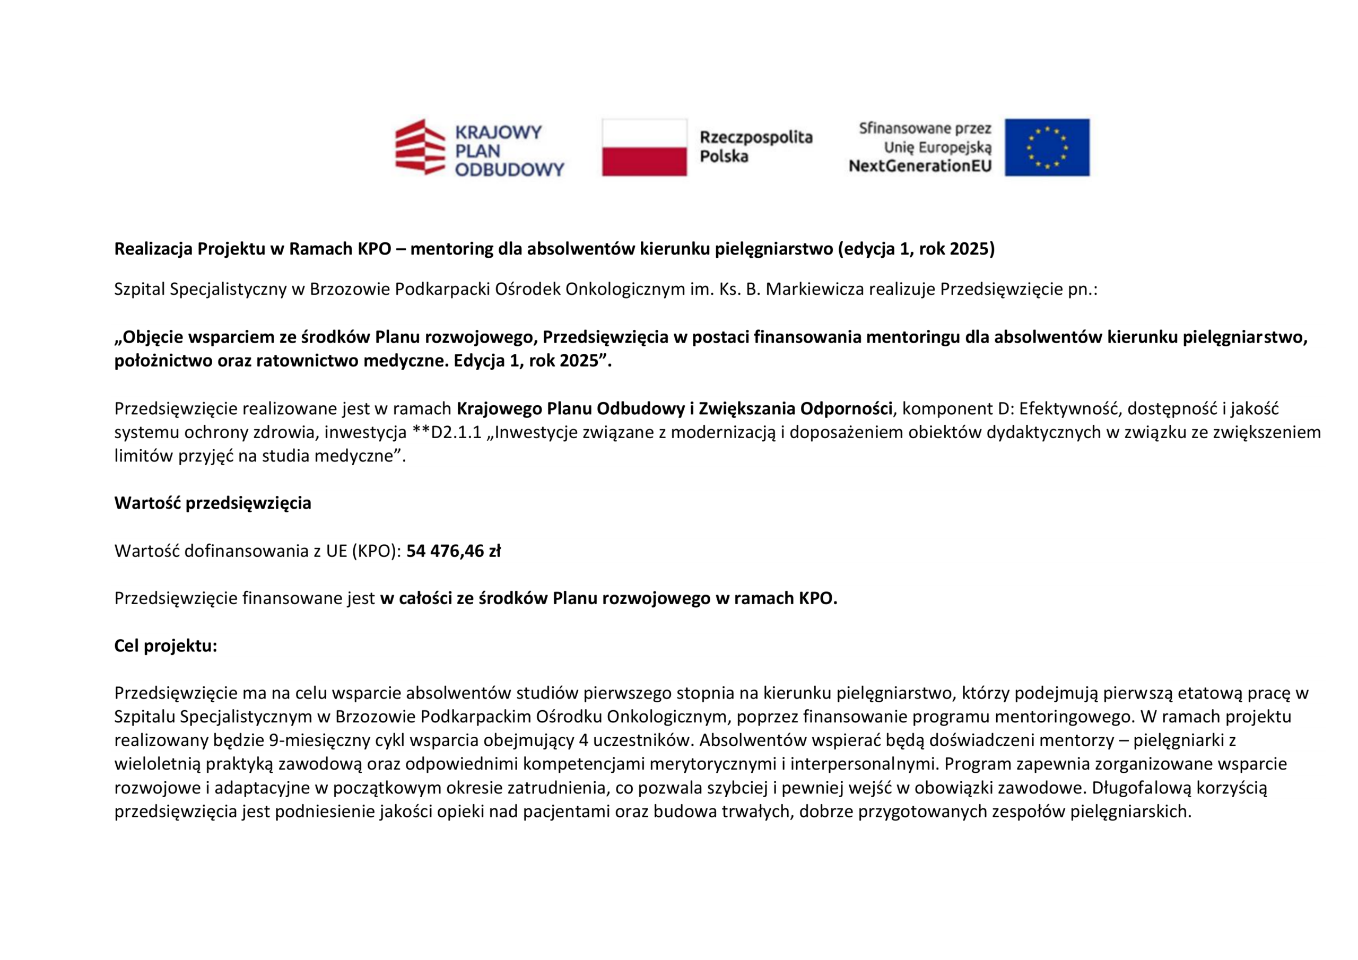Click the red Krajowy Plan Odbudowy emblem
coord(420,147)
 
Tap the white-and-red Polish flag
coord(644,147)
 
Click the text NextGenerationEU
coord(920,166)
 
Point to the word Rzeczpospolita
coord(756,138)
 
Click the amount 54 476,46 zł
coord(453,551)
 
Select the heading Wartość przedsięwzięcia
coord(212,503)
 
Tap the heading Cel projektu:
coord(166,645)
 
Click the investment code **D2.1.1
coord(447,432)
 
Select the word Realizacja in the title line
coord(153,249)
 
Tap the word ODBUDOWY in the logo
coord(509,170)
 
